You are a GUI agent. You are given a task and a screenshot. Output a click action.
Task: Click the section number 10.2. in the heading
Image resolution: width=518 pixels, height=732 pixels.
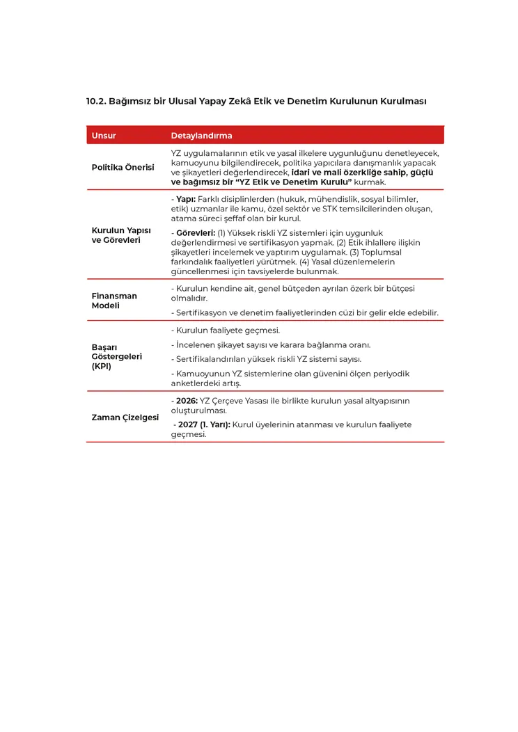(x=96, y=101)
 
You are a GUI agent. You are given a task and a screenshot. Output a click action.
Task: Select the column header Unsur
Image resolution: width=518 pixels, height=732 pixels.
(x=104, y=136)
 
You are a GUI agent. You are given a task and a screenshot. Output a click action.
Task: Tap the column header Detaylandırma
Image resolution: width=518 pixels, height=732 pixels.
(x=201, y=136)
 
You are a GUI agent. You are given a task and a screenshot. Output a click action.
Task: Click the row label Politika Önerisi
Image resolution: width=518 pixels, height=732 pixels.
(x=123, y=168)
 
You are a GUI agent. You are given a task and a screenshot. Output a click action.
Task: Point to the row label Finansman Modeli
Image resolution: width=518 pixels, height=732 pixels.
(x=114, y=301)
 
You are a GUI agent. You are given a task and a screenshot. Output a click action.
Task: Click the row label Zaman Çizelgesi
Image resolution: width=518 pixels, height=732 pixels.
(x=125, y=417)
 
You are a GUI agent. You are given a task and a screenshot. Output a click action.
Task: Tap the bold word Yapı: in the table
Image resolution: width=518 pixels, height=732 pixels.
(x=186, y=199)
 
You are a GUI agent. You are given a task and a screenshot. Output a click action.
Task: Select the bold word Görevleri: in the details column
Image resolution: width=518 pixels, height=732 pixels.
(x=196, y=232)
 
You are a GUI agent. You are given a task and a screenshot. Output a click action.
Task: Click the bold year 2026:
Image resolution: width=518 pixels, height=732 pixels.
(x=187, y=401)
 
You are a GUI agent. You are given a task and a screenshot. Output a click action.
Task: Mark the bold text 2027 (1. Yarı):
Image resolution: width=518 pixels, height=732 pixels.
(x=204, y=424)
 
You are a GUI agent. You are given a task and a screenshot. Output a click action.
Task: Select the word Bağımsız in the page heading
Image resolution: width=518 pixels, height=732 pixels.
(x=129, y=101)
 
